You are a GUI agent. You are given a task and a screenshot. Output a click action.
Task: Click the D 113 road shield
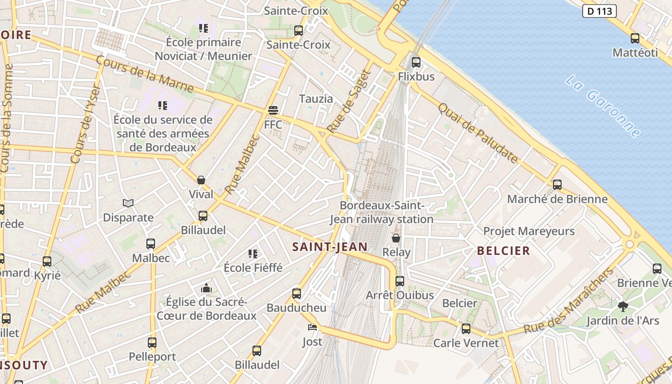click(x=599, y=11)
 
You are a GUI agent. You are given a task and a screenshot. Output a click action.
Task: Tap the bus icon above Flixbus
click(x=416, y=62)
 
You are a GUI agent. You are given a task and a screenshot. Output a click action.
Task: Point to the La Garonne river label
click(x=603, y=106)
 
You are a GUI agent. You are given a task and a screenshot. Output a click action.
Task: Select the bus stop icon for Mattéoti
click(x=635, y=38)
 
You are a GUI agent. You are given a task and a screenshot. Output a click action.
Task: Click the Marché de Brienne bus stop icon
click(x=557, y=184)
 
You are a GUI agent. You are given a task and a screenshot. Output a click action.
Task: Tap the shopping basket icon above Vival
click(x=201, y=180)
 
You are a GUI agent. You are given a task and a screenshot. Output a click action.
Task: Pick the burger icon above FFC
click(x=273, y=110)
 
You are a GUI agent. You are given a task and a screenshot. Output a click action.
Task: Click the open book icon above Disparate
click(x=128, y=204)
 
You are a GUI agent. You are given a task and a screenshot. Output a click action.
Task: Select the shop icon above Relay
click(x=396, y=238)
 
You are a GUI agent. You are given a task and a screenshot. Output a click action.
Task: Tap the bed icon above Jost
click(x=312, y=328)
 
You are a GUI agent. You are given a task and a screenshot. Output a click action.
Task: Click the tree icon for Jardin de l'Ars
click(x=623, y=306)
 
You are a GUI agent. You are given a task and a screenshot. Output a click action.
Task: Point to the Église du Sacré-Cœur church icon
click(x=206, y=288)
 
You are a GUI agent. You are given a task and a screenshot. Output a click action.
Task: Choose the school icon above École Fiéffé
click(x=253, y=253)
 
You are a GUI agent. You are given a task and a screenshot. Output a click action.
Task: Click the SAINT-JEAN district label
click(x=330, y=247)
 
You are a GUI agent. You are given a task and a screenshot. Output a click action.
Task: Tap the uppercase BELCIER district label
click(x=504, y=251)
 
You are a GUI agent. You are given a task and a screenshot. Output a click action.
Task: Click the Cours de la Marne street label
click(x=144, y=74)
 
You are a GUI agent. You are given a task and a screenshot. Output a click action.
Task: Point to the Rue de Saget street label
click(x=349, y=101)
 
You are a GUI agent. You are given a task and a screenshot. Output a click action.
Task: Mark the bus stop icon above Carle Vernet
click(x=466, y=329)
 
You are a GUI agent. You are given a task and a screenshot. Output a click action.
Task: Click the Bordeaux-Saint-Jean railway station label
click(x=382, y=212)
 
